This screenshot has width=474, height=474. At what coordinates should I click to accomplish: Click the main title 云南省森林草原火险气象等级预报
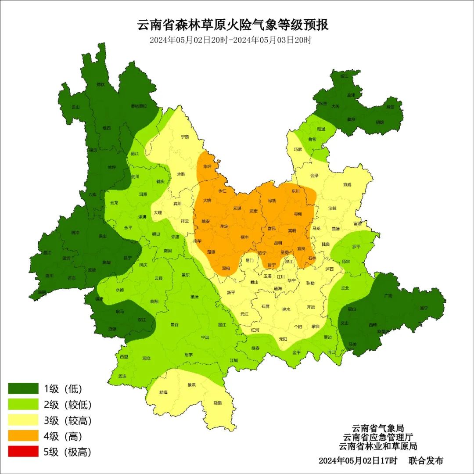tap(233, 25)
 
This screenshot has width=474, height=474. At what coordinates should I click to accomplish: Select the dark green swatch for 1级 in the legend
tap(23, 388)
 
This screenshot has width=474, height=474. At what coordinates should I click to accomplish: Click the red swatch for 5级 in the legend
tap(23, 452)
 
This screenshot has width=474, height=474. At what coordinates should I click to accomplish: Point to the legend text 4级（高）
tap(63, 436)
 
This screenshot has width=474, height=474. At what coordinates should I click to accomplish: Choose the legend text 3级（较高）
tap(68, 420)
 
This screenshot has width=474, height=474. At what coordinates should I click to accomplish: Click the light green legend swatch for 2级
tap(23, 405)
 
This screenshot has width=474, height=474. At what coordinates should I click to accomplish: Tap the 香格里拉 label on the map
tap(139, 106)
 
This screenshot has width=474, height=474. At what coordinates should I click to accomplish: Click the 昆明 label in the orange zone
tap(278, 243)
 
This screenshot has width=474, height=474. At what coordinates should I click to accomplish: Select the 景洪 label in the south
tap(191, 385)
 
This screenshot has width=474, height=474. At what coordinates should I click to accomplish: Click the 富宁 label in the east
tap(424, 308)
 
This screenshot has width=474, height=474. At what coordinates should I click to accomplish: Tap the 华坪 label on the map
tap(207, 167)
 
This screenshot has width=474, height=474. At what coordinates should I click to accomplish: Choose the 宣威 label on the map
tap(347, 184)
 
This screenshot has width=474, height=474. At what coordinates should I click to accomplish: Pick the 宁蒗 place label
tap(185, 137)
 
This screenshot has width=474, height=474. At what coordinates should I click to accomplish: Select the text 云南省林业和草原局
tap(378, 446)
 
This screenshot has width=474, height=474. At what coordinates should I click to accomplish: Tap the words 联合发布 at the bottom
tap(426, 461)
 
